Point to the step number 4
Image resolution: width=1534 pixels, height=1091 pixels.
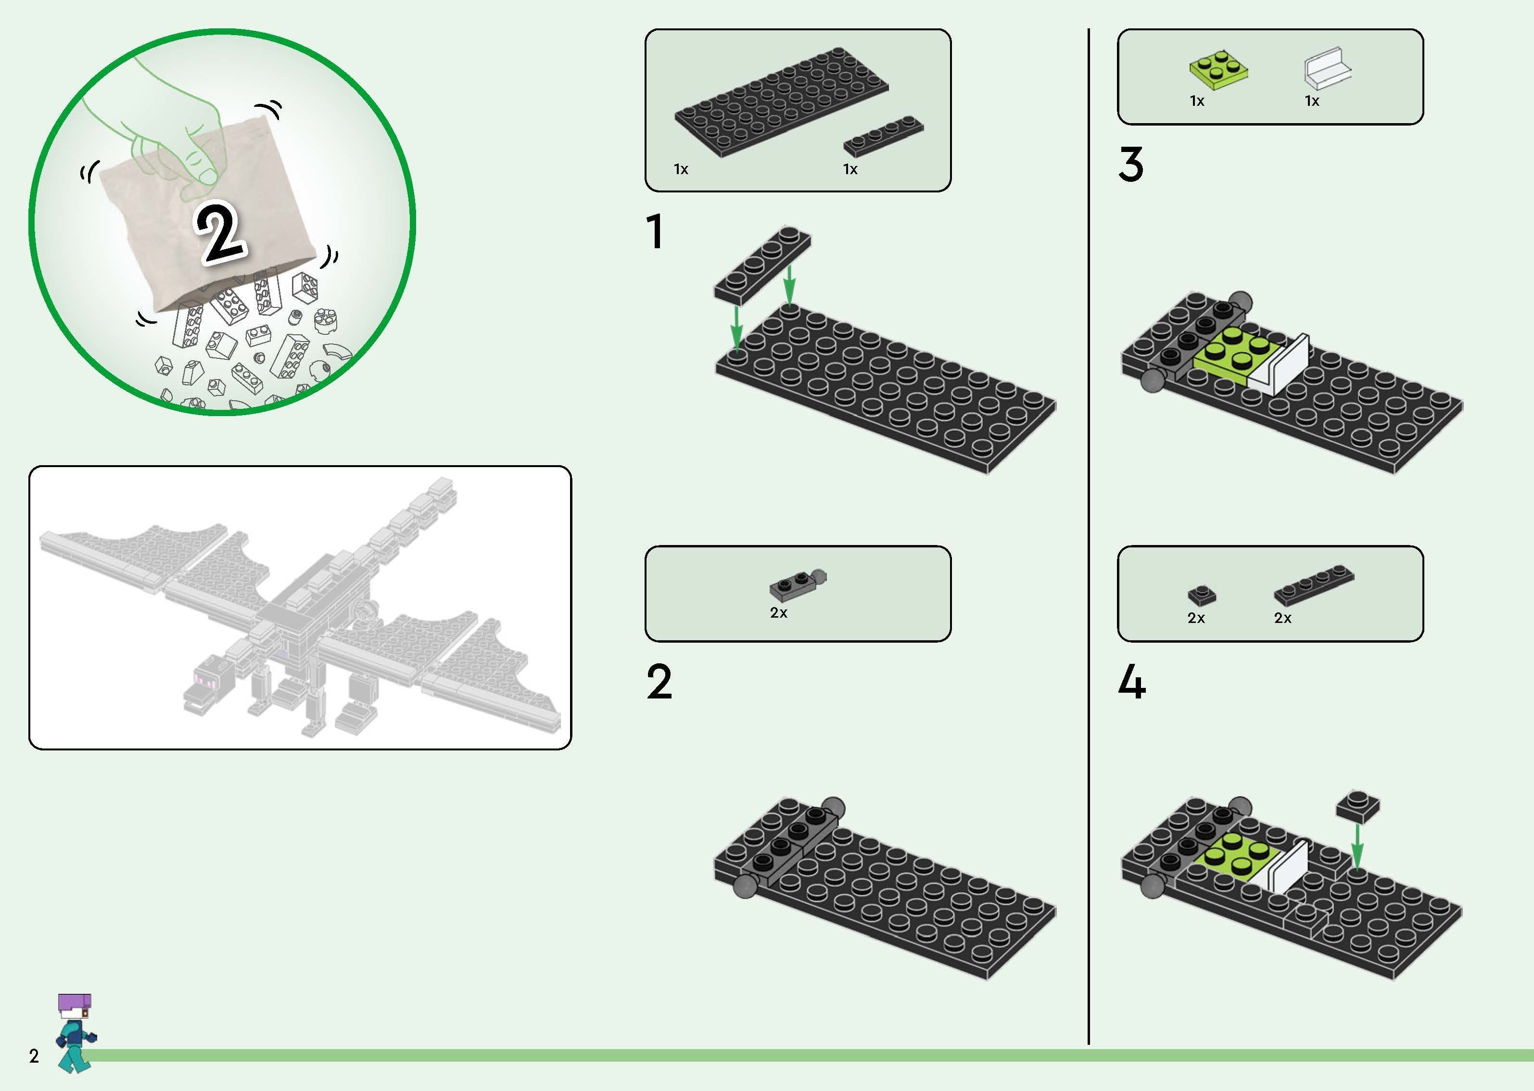pos(1132,682)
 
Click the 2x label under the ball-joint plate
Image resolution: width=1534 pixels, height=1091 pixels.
pos(778,613)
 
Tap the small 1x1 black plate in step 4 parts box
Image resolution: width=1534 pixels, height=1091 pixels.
pos(1202,595)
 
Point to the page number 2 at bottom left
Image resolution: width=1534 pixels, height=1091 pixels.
pos(34,1056)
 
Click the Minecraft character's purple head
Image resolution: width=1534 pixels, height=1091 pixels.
pos(75,1005)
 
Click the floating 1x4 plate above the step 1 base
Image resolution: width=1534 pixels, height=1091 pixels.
pos(762,265)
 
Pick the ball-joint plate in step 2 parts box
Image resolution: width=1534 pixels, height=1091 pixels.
pos(797,585)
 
